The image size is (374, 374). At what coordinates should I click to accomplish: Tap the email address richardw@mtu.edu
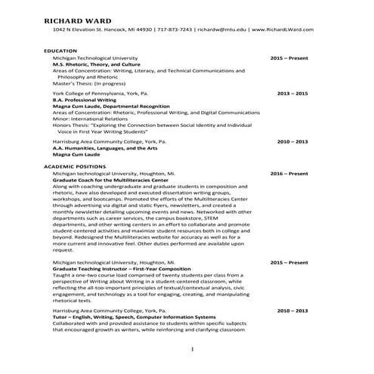coord(223,29)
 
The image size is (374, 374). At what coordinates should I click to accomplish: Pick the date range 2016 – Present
coord(289,172)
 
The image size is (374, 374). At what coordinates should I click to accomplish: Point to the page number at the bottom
coord(193,349)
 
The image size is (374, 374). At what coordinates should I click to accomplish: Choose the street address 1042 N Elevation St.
coord(83,29)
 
